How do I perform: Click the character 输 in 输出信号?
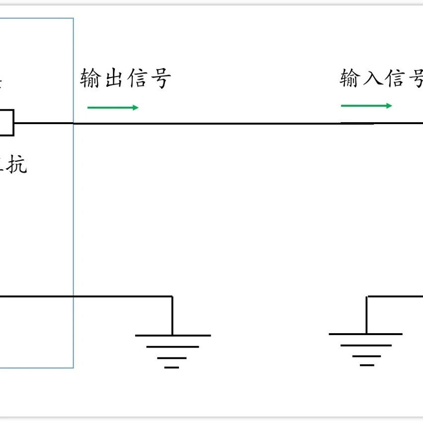[x=90, y=79]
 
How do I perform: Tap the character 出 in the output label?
[x=113, y=79]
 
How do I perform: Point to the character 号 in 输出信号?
[x=160, y=79]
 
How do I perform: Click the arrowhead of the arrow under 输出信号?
[x=135, y=108]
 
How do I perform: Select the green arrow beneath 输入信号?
[x=366, y=106]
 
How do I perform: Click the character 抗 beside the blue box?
[x=16, y=165]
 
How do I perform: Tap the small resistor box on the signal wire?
[x=6, y=123]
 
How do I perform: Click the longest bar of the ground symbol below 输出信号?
[x=172, y=336]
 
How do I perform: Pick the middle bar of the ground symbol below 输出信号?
[x=172, y=347]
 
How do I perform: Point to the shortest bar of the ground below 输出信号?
[x=171, y=367]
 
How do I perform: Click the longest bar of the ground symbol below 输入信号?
[x=366, y=334]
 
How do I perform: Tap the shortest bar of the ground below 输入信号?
[x=367, y=365]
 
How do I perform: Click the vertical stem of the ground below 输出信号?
[x=172, y=316]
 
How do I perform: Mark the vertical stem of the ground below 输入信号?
[x=367, y=315]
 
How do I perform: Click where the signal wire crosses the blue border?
[x=74, y=123]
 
